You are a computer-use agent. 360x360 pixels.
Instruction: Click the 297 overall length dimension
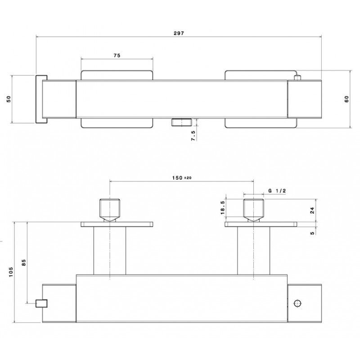click(x=179, y=33)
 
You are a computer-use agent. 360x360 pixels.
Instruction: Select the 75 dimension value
click(x=117, y=55)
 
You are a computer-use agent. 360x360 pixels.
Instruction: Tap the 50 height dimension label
click(x=9, y=99)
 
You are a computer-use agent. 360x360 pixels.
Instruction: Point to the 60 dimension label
click(x=346, y=99)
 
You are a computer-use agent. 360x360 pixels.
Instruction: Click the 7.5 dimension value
click(x=193, y=135)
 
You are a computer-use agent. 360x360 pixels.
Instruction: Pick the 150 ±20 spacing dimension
click(x=182, y=178)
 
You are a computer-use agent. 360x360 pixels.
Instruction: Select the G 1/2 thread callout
click(x=277, y=190)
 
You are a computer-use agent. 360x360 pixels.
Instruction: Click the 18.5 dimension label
click(x=223, y=207)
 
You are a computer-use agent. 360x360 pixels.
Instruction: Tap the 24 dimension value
click(x=312, y=210)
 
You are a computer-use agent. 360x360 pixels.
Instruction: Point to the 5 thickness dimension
click(x=312, y=233)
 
